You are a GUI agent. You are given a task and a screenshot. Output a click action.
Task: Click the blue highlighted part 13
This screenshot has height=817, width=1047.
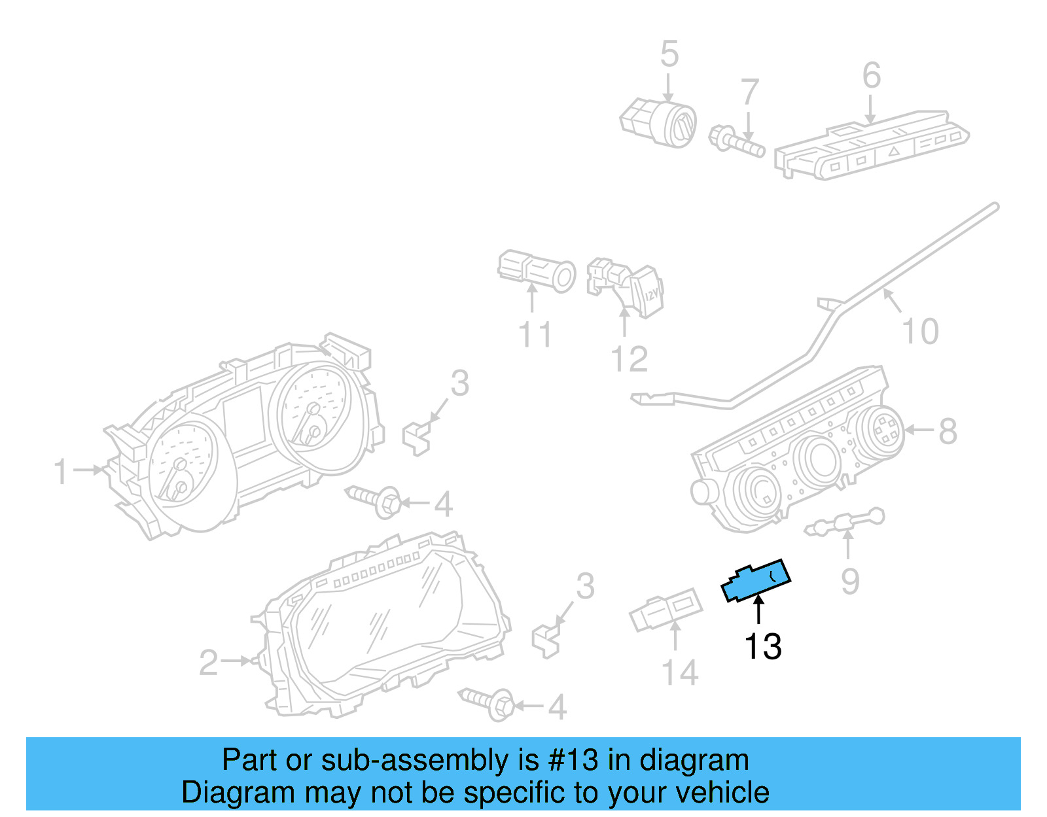[x=756, y=580]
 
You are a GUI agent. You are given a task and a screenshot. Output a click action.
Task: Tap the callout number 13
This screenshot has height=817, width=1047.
[x=762, y=646]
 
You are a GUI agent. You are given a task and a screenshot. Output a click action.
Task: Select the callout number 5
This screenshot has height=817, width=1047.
[x=669, y=54]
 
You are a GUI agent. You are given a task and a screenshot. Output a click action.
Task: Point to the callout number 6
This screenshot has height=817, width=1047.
[x=871, y=75]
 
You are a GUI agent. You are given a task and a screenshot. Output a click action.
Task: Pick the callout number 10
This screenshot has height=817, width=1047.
[x=920, y=331]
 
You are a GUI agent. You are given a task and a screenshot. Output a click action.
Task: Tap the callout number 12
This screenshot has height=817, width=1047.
[x=629, y=359]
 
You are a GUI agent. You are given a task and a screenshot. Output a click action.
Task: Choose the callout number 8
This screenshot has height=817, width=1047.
[x=948, y=431]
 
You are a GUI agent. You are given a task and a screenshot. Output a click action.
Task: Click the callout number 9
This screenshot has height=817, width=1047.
[x=850, y=581]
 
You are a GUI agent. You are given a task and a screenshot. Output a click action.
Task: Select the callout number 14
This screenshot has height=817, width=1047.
[x=680, y=672]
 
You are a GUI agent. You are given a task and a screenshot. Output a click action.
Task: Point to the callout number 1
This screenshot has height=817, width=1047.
[x=61, y=472]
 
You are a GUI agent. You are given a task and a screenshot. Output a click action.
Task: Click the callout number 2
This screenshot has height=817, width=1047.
[x=208, y=663]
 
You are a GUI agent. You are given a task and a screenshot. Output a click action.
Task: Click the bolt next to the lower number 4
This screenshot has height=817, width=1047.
[x=488, y=703]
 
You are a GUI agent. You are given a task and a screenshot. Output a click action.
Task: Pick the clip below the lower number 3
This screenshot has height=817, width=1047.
[x=546, y=640]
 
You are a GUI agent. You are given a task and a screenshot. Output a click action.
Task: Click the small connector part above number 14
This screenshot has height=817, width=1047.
[x=665, y=609]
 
